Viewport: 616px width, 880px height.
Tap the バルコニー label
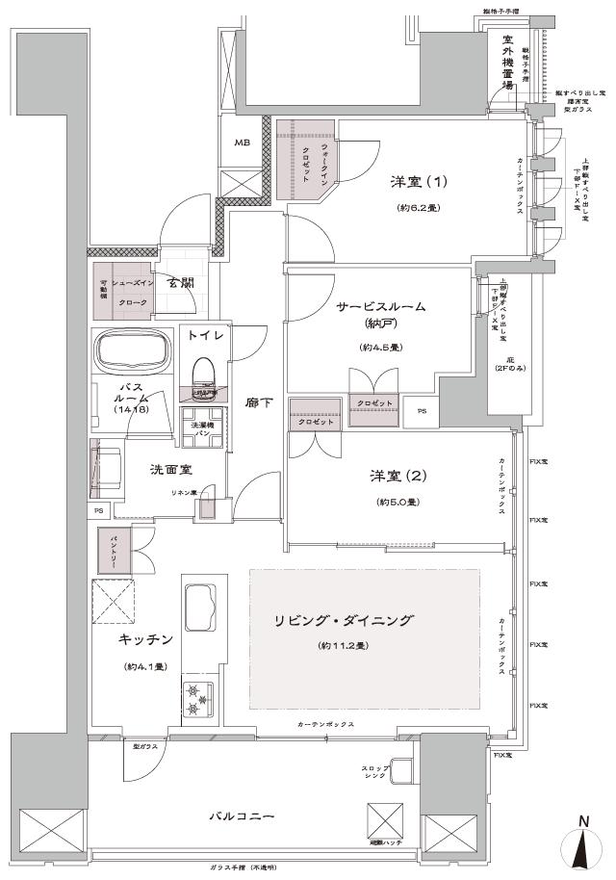tap(243, 816)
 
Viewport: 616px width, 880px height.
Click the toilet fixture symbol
tap(203, 372)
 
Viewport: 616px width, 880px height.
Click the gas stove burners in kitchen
tap(196, 700)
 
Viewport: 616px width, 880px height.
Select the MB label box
tap(241, 143)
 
